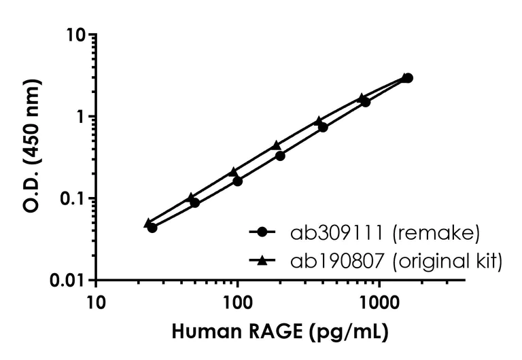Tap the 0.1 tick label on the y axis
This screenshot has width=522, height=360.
74,198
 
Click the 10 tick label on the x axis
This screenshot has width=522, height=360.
96,300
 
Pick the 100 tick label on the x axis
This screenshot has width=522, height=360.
237,300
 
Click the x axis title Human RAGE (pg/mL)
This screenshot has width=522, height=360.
281,333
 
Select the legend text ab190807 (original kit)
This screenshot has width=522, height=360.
396,260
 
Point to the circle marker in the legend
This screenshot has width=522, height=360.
262,233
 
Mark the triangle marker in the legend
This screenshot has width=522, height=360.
262,259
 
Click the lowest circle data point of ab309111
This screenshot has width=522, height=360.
152,228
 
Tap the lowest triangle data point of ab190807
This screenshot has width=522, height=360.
148,223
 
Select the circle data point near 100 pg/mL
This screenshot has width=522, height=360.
237,181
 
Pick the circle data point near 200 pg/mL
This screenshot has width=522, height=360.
280,156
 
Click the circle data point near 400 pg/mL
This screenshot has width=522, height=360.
323,127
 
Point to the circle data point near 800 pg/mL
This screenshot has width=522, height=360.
366,102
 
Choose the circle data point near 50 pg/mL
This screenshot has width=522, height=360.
195,202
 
